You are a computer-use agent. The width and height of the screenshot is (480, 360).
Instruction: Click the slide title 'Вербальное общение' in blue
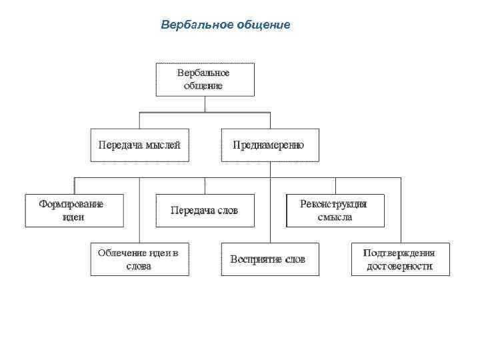(226, 25)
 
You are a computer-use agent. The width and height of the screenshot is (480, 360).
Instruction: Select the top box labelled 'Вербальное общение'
(205, 79)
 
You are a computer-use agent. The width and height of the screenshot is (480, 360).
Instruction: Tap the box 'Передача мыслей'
(139, 145)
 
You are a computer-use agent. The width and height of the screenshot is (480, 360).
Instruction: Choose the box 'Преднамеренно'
(269, 145)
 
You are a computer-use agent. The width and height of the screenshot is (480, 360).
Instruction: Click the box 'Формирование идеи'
(73, 210)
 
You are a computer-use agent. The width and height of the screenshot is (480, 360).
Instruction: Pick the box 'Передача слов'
(205, 210)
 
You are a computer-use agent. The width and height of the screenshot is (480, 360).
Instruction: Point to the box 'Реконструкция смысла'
(335, 210)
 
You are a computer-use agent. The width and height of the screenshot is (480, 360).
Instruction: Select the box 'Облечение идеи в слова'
(139, 259)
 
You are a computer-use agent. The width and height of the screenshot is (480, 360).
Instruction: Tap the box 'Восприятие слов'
(269, 259)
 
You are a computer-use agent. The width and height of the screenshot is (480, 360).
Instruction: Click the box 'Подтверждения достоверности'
(400, 259)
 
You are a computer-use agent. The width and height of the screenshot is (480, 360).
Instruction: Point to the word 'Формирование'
(71, 203)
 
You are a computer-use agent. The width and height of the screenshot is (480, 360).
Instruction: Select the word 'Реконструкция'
(334, 203)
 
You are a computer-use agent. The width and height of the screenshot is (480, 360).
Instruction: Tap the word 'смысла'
(335, 217)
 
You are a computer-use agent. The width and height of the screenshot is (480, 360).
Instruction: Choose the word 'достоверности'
(400, 267)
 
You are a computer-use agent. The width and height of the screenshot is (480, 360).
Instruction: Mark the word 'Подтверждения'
(399, 253)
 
